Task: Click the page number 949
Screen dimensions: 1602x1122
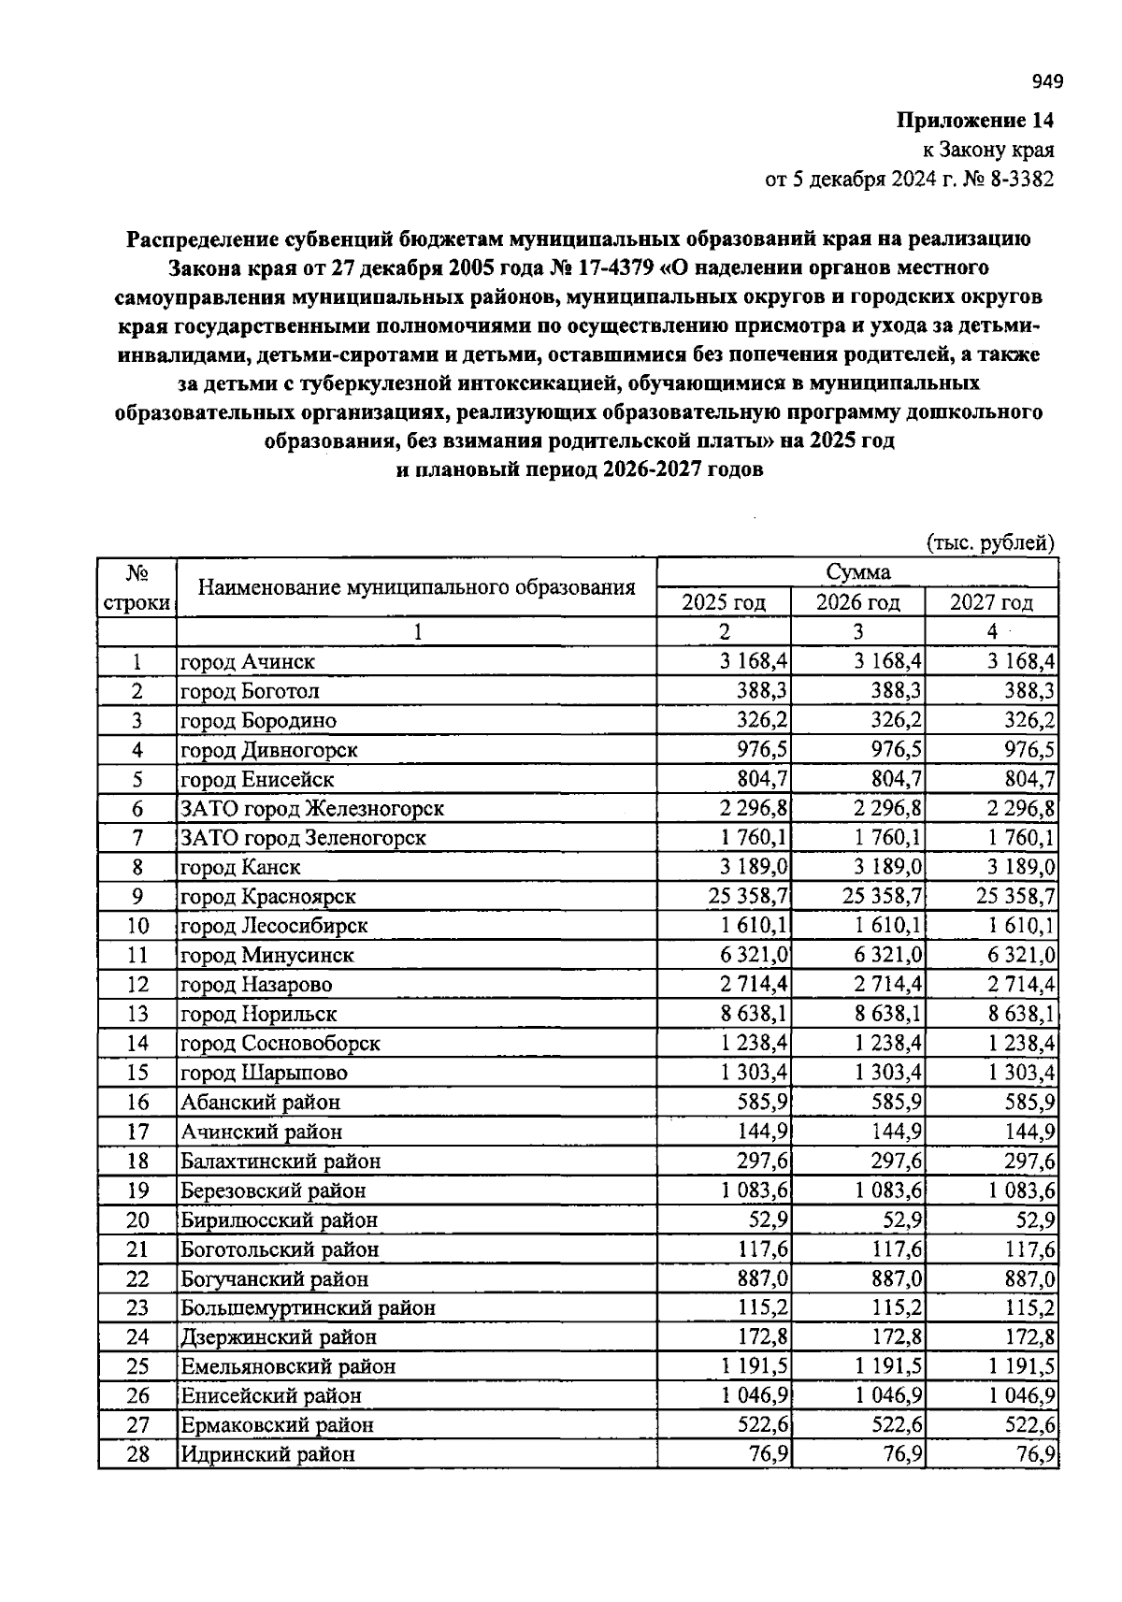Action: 1048,82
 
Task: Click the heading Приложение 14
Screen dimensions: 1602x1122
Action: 975,121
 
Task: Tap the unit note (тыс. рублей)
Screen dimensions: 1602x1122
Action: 990,542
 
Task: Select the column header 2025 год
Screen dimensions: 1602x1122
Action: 724,602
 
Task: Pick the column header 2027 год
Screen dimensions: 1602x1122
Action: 991,602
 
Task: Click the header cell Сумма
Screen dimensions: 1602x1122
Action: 857,572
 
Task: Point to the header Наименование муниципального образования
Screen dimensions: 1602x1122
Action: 417,587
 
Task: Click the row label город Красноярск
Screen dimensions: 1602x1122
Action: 268,897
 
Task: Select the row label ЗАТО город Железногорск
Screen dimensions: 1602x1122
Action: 311,809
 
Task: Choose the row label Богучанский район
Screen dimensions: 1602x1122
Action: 274,1279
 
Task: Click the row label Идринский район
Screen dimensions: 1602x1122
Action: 267,1455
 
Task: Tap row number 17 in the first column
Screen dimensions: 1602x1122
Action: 137,1133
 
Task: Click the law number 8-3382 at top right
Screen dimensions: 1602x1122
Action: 1019,180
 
